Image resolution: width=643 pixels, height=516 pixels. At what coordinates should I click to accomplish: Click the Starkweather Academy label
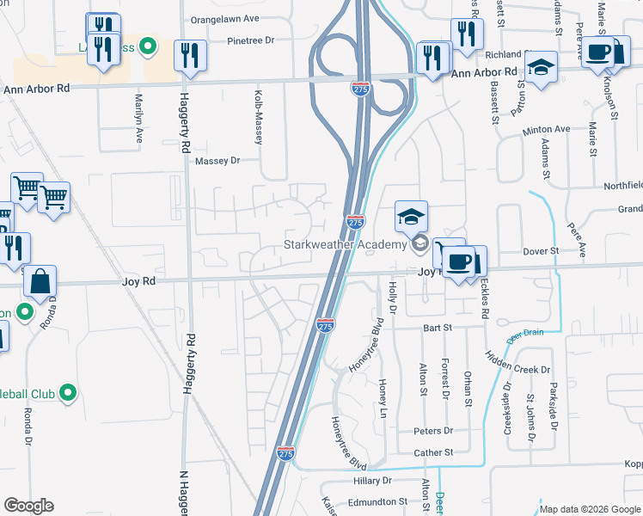point(344,245)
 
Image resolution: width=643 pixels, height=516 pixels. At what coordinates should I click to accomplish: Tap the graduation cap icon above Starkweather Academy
point(412,217)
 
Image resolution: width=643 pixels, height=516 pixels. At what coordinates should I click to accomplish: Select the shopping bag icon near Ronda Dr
point(40,280)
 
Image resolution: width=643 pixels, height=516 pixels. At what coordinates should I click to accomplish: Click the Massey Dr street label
point(217,161)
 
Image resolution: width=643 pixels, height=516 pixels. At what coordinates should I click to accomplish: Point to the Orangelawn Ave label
point(224,18)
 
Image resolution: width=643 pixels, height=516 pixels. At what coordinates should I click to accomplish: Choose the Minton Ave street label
point(546,130)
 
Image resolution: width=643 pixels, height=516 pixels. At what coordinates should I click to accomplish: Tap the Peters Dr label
point(432,431)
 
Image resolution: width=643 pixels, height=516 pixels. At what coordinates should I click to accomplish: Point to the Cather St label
point(432,452)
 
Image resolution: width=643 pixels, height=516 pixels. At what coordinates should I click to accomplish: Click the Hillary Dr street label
point(372,481)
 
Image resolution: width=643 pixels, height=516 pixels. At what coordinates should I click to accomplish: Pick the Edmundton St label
point(377,501)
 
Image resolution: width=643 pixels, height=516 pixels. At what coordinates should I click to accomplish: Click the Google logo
point(28,506)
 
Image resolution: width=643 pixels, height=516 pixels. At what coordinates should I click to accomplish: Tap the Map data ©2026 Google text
point(589,509)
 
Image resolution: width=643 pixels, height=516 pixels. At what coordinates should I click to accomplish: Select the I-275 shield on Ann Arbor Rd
point(361,89)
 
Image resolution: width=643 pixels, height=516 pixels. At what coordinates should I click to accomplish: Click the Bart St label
point(437,328)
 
